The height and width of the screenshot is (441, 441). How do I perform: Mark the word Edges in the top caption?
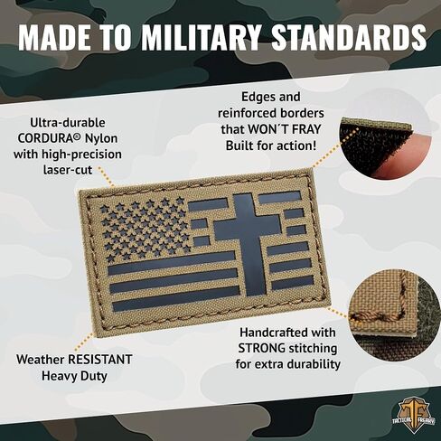click(261, 96)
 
